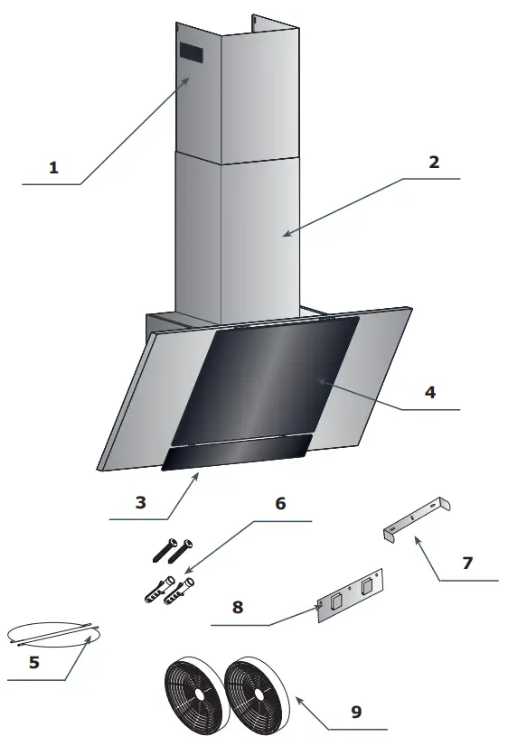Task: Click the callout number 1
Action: [53, 167]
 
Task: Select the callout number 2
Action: [434, 163]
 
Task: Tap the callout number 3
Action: [140, 502]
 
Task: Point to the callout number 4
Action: [430, 393]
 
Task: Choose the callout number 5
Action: [34, 662]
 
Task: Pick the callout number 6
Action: [280, 503]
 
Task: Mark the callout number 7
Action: [466, 563]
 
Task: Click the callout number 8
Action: [238, 607]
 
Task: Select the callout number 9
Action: [356, 712]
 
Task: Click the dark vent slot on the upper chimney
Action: [192, 54]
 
